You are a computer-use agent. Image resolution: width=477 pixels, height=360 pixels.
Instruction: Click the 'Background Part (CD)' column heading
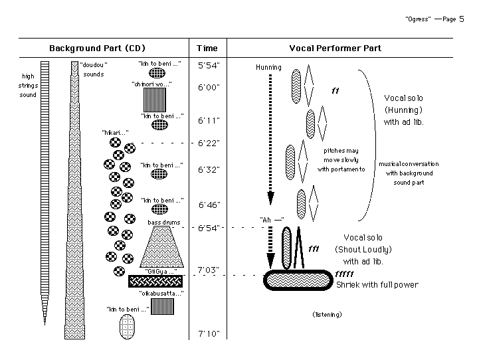(x=97, y=48)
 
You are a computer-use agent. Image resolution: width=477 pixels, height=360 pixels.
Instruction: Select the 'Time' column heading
(x=207, y=48)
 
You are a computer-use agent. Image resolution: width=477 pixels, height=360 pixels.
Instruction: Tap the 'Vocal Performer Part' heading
(x=335, y=48)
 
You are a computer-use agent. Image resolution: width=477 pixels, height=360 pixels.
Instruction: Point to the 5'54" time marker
(x=209, y=65)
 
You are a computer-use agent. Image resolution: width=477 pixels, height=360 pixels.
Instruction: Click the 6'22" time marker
(x=209, y=143)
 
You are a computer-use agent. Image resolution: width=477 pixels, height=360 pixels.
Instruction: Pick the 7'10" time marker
(x=209, y=333)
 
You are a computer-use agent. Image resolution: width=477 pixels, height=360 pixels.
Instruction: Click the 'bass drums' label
(x=163, y=223)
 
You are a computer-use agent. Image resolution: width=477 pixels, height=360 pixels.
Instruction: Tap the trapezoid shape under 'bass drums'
(x=163, y=246)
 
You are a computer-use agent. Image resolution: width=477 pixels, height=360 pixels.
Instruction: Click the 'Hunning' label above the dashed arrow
(x=268, y=67)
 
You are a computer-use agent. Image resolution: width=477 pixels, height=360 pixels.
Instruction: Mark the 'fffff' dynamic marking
(x=347, y=274)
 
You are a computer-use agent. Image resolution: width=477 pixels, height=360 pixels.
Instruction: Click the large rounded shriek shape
(x=297, y=280)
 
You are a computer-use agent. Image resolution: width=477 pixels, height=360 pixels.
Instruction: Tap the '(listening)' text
(x=327, y=314)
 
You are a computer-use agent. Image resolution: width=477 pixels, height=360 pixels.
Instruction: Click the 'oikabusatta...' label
(x=161, y=293)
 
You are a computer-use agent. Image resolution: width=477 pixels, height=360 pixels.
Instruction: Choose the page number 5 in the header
(x=461, y=19)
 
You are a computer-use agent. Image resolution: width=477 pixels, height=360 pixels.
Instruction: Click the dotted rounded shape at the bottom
(x=127, y=326)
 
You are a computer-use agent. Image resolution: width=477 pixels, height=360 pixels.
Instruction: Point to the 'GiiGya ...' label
(x=160, y=271)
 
